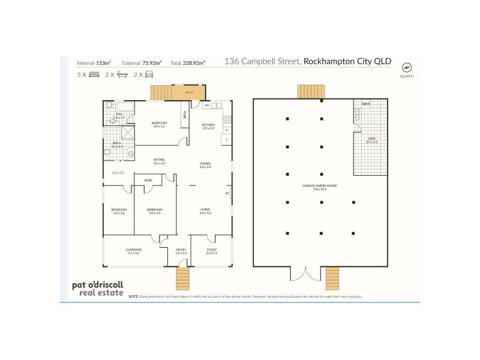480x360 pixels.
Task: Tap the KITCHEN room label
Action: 208,125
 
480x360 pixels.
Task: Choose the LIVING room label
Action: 206,209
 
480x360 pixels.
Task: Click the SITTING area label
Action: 159,160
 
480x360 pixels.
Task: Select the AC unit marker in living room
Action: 227,193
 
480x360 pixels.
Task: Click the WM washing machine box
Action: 365,105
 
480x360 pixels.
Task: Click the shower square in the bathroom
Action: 129,133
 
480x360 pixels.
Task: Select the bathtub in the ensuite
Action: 110,105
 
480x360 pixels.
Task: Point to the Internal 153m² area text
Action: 95,62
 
